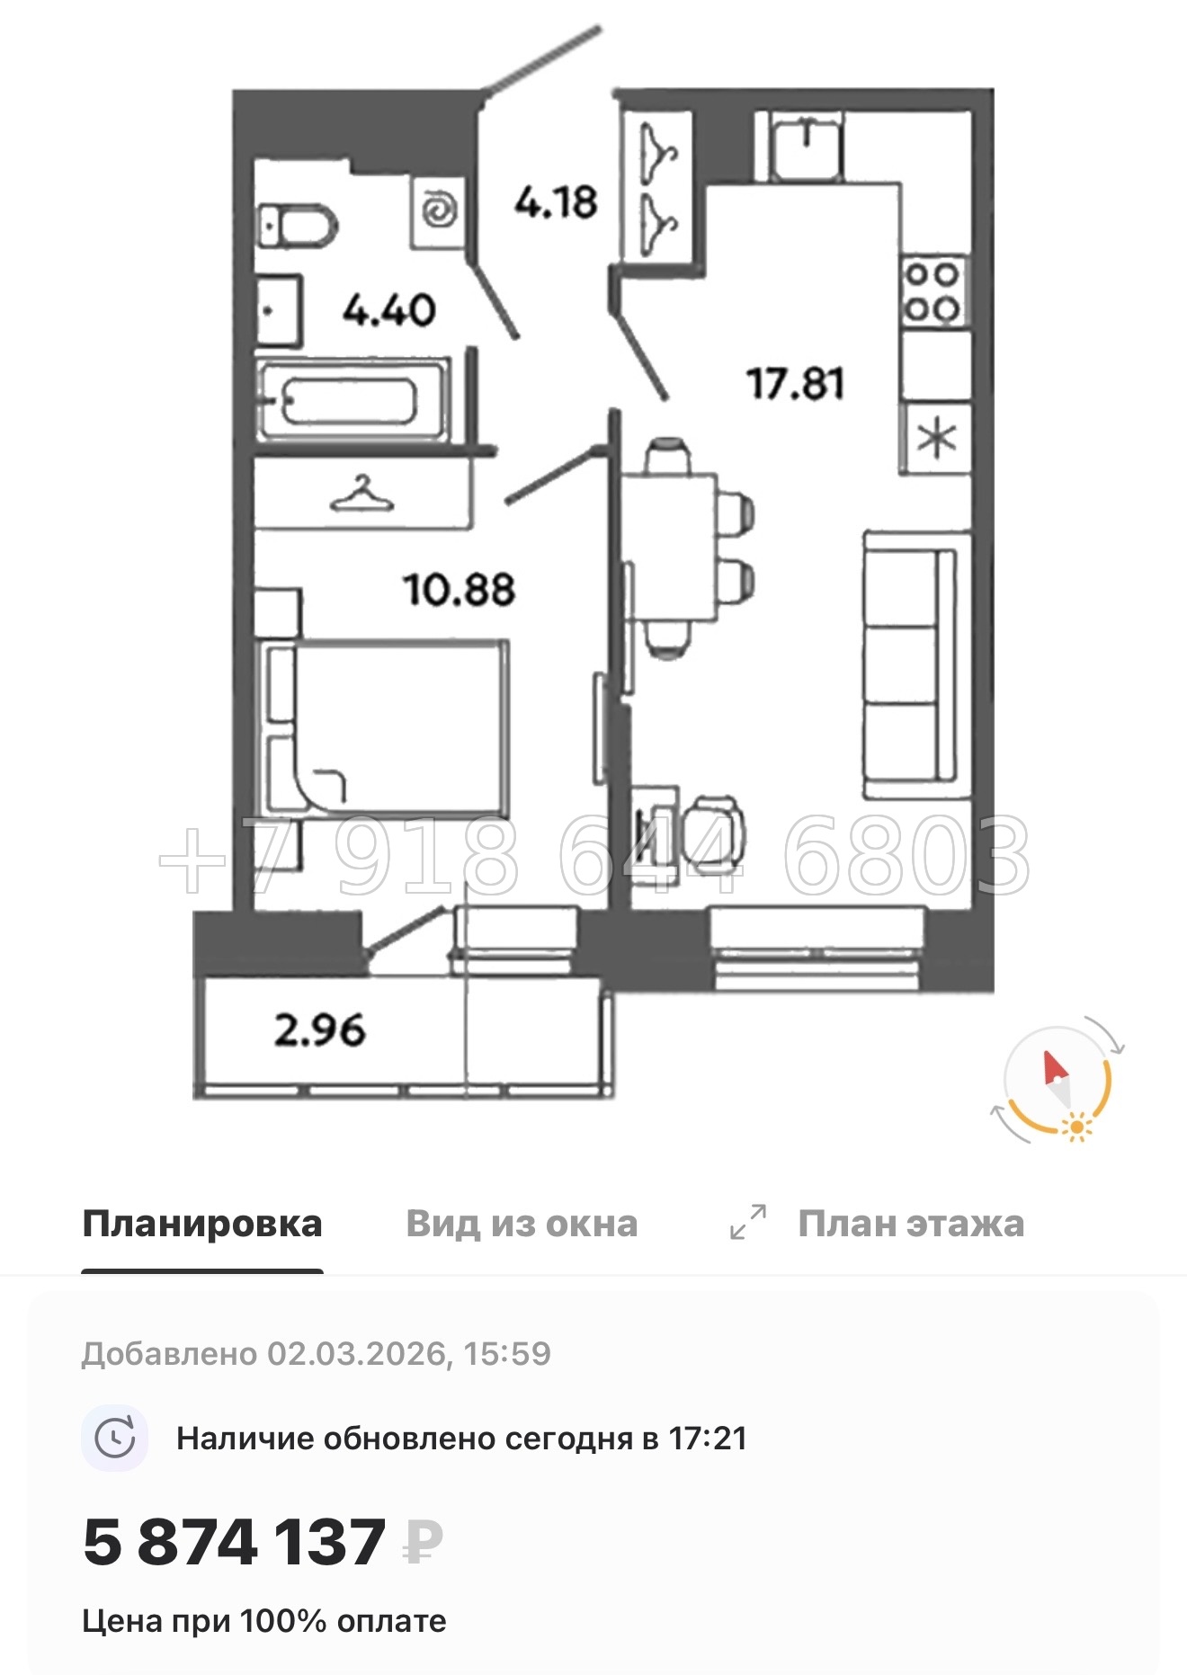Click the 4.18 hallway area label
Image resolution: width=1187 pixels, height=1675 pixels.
(x=556, y=202)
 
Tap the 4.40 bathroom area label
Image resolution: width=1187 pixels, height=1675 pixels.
(x=388, y=311)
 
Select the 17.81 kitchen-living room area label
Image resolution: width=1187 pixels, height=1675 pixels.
(x=796, y=384)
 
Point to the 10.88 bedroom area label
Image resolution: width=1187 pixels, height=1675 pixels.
(x=460, y=590)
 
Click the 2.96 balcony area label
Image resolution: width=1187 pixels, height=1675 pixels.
(x=320, y=1030)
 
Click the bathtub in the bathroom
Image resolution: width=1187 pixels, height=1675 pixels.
(x=352, y=401)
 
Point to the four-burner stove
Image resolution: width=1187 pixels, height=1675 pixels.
(x=933, y=291)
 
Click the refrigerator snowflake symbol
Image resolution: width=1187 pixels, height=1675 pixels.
(x=936, y=439)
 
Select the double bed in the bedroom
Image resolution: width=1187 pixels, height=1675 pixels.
(x=387, y=727)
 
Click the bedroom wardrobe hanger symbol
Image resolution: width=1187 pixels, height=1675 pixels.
(x=361, y=494)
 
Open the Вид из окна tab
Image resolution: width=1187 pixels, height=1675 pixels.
(x=522, y=1224)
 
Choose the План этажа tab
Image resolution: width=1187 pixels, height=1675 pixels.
(x=910, y=1224)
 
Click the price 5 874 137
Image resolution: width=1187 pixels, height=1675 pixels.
(x=235, y=1543)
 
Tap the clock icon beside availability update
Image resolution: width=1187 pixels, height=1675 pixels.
(x=116, y=1439)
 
